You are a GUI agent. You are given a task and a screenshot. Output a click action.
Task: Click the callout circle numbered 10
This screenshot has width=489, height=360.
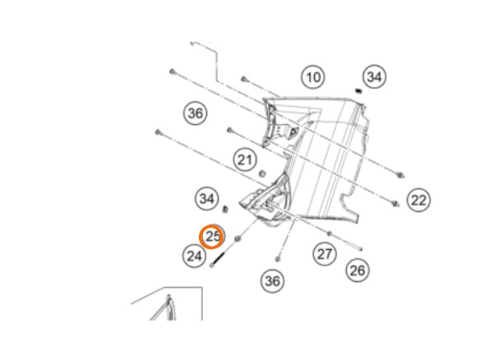tap(313, 77)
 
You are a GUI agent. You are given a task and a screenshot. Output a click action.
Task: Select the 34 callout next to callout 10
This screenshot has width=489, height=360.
tap(374, 76)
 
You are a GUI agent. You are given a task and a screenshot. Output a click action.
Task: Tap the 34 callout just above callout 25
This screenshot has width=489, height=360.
tap(207, 198)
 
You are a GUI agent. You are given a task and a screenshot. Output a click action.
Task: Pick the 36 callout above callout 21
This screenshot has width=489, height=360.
tap(196, 113)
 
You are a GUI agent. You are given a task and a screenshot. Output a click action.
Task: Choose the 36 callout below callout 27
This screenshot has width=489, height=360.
tap(272, 281)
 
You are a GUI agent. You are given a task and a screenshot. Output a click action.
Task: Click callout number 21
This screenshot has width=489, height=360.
tap(245, 160)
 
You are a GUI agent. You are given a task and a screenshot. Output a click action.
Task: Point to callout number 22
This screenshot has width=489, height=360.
tap(418, 200)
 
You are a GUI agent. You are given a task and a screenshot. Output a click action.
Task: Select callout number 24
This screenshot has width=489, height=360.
tap(194, 256)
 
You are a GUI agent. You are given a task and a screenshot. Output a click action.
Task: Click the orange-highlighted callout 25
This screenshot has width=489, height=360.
tap(212, 237)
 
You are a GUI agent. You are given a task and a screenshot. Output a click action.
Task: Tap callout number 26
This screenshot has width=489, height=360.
tap(358, 270)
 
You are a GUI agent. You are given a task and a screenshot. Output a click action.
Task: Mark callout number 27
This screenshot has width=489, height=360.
tap(325, 254)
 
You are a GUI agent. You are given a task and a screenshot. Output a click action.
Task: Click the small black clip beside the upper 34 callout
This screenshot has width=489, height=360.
tap(358, 91)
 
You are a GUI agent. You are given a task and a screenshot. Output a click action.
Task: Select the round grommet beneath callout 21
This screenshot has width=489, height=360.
tap(263, 173)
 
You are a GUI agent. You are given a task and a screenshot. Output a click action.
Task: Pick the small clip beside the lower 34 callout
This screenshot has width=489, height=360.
tap(225, 209)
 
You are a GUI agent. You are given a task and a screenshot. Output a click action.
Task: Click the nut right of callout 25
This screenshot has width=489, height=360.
tap(238, 239)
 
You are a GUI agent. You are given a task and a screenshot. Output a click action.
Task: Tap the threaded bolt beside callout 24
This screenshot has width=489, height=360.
tap(217, 260)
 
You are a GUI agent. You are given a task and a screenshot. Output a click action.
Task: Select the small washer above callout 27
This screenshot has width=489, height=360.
tap(330, 233)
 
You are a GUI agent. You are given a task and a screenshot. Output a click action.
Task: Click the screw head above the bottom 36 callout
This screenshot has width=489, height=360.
tap(277, 259)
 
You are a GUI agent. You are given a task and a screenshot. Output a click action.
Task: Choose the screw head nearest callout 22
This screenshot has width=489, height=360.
tap(395, 204)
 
